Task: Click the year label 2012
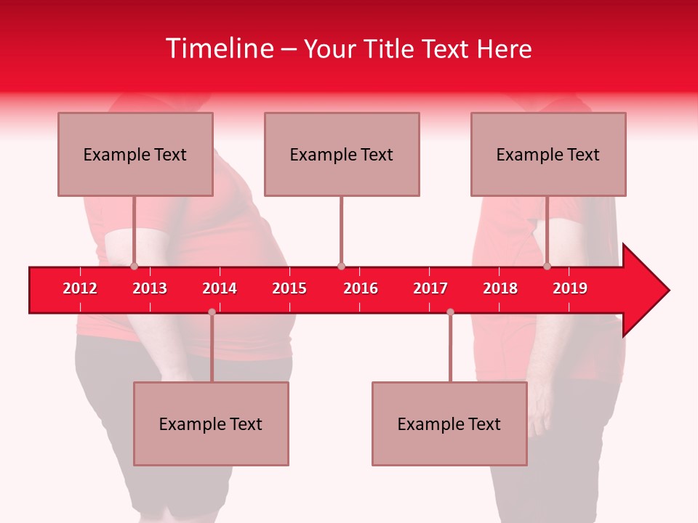coord(80,288)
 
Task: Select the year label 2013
coord(150,288)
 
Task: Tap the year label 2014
coord(220,288)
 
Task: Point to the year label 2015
coord(289,288)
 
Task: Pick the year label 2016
coord(361,288)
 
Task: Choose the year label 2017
coord(430,288)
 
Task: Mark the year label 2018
coord(500,288)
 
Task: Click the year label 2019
coord(570,288)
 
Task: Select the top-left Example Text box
coord(135,154)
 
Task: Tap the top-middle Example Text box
coord(342,154)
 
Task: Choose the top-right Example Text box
coord(548,154)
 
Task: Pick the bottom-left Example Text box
coord(211,423)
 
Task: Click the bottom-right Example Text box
coord(449,423)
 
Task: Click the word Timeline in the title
coord(219,49)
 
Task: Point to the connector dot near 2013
coord(135,267)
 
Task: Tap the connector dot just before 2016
coord(341,267)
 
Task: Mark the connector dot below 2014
coord(212,312)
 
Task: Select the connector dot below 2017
coord(450,312)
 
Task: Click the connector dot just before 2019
coord(547,267)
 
